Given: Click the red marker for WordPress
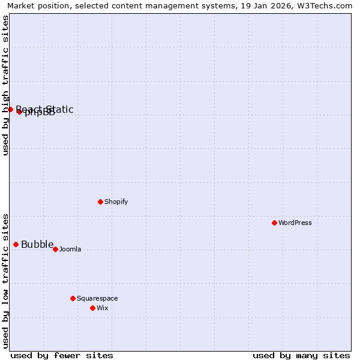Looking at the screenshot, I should click(274, 223).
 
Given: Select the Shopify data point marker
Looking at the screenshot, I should click(100, 202).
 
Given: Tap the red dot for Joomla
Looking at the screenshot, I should click(55, 249).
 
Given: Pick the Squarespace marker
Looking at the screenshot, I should click(73, 298).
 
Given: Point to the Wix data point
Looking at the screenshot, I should click(92, 308).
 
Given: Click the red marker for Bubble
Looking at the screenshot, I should click(16, 244).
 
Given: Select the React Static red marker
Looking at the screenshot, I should click(10, 109).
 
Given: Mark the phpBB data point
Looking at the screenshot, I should click(19, 112).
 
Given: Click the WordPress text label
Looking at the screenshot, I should click(295, 223).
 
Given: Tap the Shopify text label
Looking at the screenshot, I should click(116, 202).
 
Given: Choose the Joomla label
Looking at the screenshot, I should click(70, 249).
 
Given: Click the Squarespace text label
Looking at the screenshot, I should click(97, 298).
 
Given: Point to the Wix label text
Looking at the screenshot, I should click(103, 308).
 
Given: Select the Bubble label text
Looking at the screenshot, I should click(37, 244).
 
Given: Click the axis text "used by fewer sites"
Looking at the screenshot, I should click(62, 355).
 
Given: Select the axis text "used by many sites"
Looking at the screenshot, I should click(301, 355).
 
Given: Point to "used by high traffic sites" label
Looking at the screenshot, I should click(6, 85).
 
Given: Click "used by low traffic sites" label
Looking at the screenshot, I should click(6, 280).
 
